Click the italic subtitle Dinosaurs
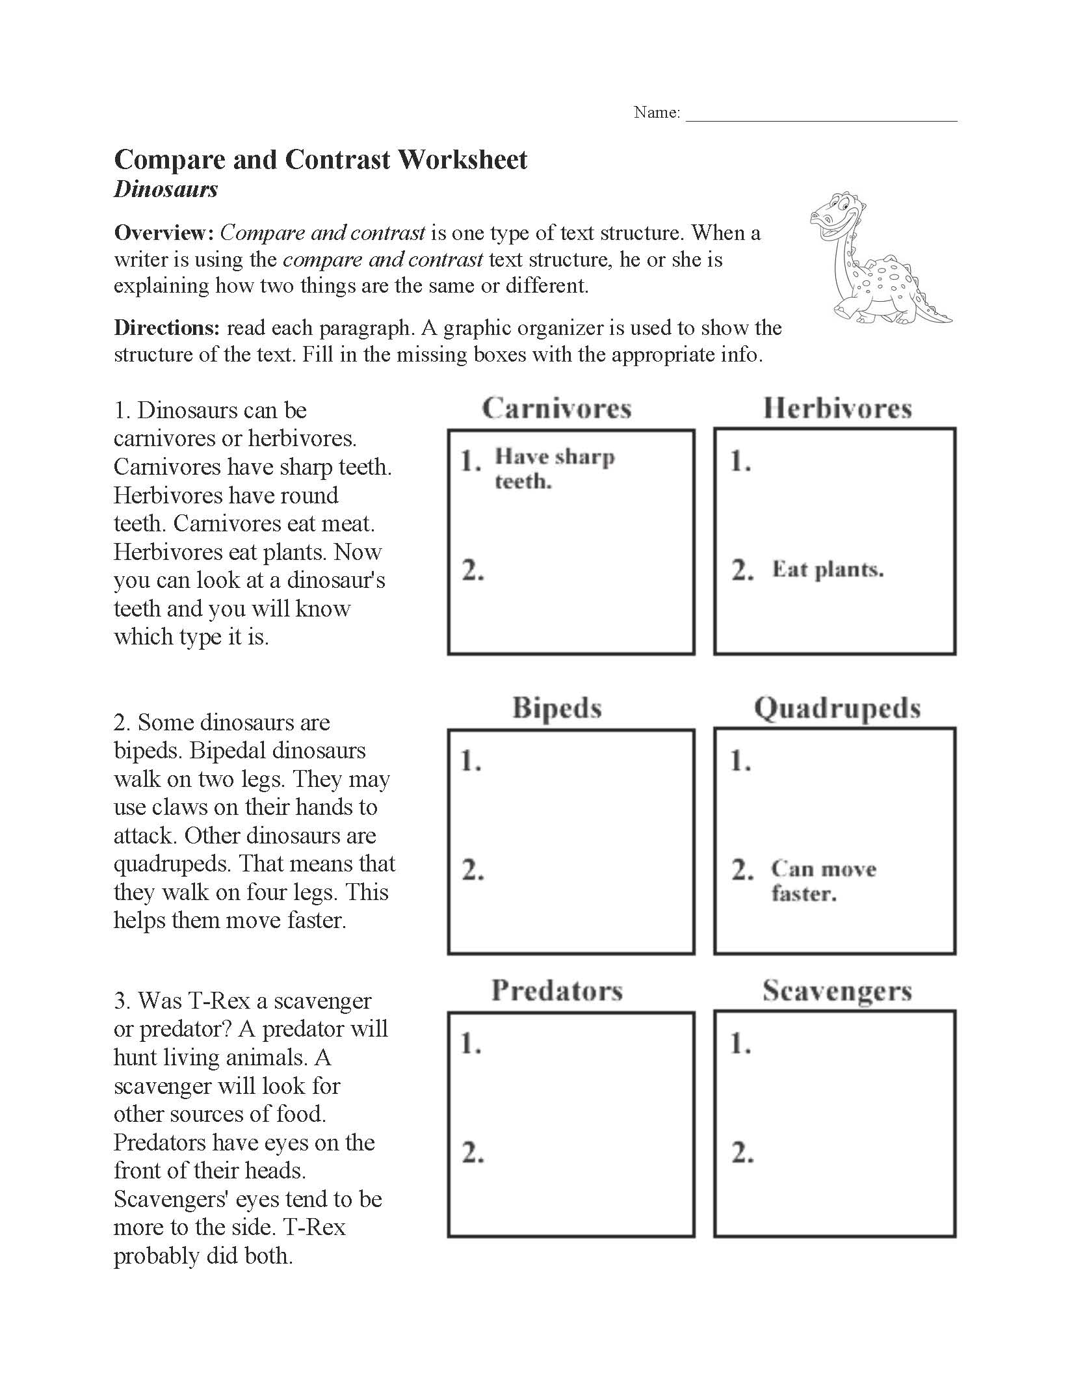166,189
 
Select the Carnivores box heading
556,408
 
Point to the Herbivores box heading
837,408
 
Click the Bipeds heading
556,708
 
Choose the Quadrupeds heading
837,708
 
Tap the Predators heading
556,990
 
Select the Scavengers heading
837,990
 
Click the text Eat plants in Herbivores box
827,570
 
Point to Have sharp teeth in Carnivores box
554,468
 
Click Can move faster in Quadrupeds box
823,881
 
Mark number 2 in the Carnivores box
473,570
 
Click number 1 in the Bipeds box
471,760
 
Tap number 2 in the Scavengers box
742,1153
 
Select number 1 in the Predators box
471,1044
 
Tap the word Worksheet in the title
462,160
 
